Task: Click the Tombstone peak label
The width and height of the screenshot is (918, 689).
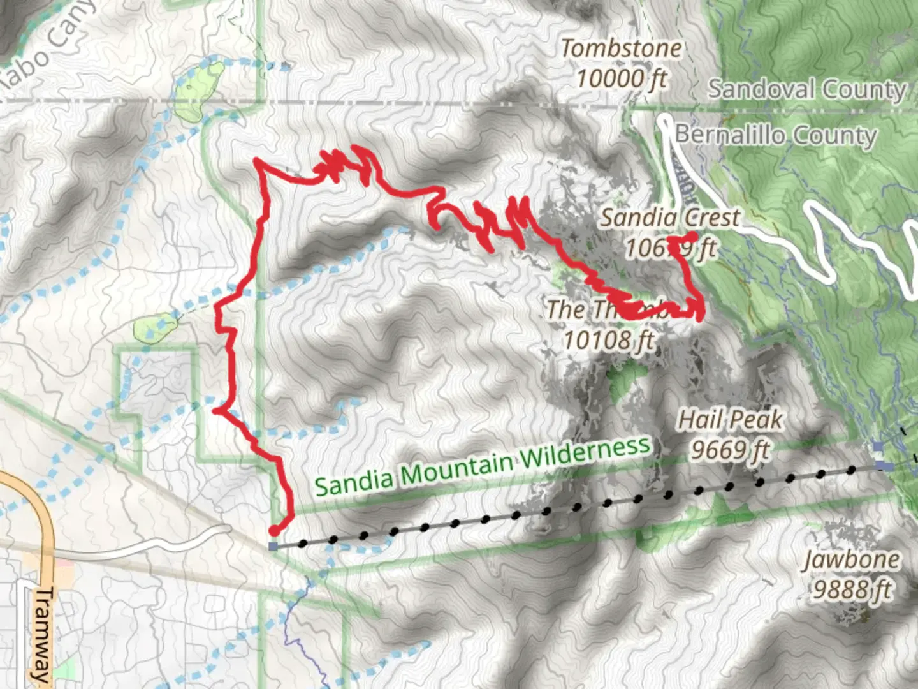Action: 621,48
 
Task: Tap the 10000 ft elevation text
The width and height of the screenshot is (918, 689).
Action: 621,79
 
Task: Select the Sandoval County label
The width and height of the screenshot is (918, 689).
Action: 807,89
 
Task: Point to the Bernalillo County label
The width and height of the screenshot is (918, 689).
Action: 776,135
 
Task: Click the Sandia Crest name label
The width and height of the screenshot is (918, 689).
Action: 669,218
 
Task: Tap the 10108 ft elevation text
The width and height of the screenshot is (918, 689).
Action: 608,340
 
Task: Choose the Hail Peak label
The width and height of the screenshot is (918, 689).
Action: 730,420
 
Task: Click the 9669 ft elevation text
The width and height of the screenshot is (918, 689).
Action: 730,450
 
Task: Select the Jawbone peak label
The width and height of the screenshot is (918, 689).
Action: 851,560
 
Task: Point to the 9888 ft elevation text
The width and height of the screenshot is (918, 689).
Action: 851,590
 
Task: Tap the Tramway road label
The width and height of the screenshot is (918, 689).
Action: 42,635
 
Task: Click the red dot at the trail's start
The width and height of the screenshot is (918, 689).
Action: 275,530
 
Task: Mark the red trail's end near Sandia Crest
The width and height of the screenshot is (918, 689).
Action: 693,236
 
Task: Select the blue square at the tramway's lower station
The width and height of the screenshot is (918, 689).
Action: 273,546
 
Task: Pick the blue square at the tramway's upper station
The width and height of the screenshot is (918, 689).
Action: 880,465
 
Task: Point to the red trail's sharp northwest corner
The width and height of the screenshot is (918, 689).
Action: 256,161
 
